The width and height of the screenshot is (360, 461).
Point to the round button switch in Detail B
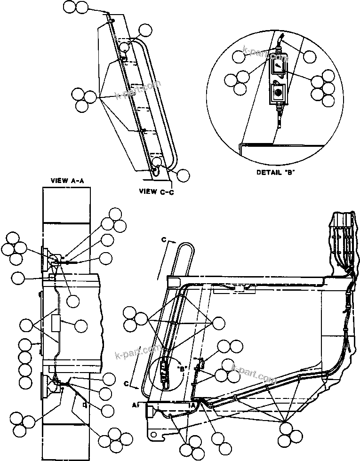pos(278,93)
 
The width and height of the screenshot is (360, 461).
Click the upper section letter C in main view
pos(164,239)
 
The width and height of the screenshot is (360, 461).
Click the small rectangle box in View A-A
pos(56,324)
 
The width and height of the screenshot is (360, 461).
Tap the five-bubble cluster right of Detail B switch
pos(324,88)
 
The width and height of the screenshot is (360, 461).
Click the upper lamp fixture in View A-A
pos(48,260)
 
